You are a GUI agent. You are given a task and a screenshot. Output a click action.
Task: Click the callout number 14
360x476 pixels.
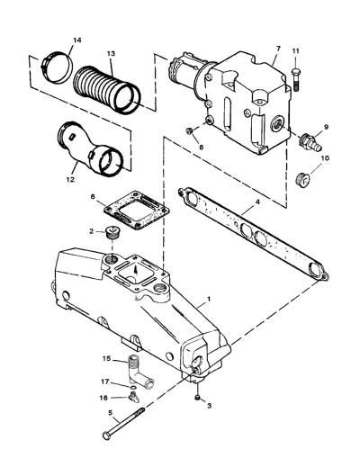pyautogui.click(x=77, y=40)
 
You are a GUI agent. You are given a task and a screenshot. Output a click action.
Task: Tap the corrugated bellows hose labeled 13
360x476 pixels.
pyautogui.click(x=107, y=90)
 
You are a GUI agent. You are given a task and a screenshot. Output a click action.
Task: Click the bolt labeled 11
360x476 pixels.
pyautogui.click(x=296, y=79)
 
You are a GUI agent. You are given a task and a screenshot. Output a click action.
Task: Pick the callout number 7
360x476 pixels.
pyautogui.click(x=278, y=49)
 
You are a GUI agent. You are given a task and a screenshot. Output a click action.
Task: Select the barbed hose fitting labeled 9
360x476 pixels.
pyautogui.click(x=310, y=143)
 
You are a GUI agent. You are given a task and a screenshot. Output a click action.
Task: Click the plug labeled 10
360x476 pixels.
pyautogui.click(x=302, y=180)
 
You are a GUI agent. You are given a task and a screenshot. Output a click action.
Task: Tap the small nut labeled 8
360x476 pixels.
pyautogui.click(x=189, y=131)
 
